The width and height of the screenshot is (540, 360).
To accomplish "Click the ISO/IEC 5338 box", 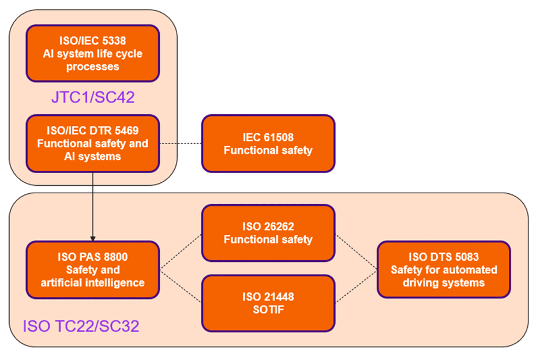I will tap(92, 53).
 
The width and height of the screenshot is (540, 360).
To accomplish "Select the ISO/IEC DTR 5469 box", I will tap(92, 144).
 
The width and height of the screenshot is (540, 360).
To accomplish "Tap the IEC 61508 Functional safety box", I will tap(268, 144).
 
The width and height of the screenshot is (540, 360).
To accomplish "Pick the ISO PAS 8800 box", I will tap(92, 269).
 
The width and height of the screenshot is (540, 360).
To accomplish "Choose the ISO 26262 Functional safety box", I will tap(268, 232).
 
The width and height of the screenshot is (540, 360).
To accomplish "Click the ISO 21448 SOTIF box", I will tap(268, 303).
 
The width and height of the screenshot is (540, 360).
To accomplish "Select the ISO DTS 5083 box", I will tap(443, 269).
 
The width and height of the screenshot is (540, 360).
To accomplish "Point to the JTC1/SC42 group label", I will tap(92, 97).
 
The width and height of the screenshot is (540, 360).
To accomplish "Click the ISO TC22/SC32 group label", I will tap(81, 327).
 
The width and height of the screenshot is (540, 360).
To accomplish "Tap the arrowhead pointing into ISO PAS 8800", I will tap(92, 238).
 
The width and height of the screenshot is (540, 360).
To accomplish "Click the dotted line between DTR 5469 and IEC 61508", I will tap(180, 144).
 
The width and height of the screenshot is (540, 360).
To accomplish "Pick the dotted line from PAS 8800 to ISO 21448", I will tap(180, 286).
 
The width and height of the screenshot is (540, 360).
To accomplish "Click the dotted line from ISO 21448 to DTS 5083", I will tap(356, 286).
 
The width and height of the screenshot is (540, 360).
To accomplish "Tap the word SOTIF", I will tap(268, 310).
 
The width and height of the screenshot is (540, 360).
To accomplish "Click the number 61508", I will tap(280, 137).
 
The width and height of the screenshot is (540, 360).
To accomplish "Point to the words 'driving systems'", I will tap(443, 283).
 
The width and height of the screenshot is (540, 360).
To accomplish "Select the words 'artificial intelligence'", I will tap(92, 283).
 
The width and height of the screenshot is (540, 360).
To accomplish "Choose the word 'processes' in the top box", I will tap(92, 66).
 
